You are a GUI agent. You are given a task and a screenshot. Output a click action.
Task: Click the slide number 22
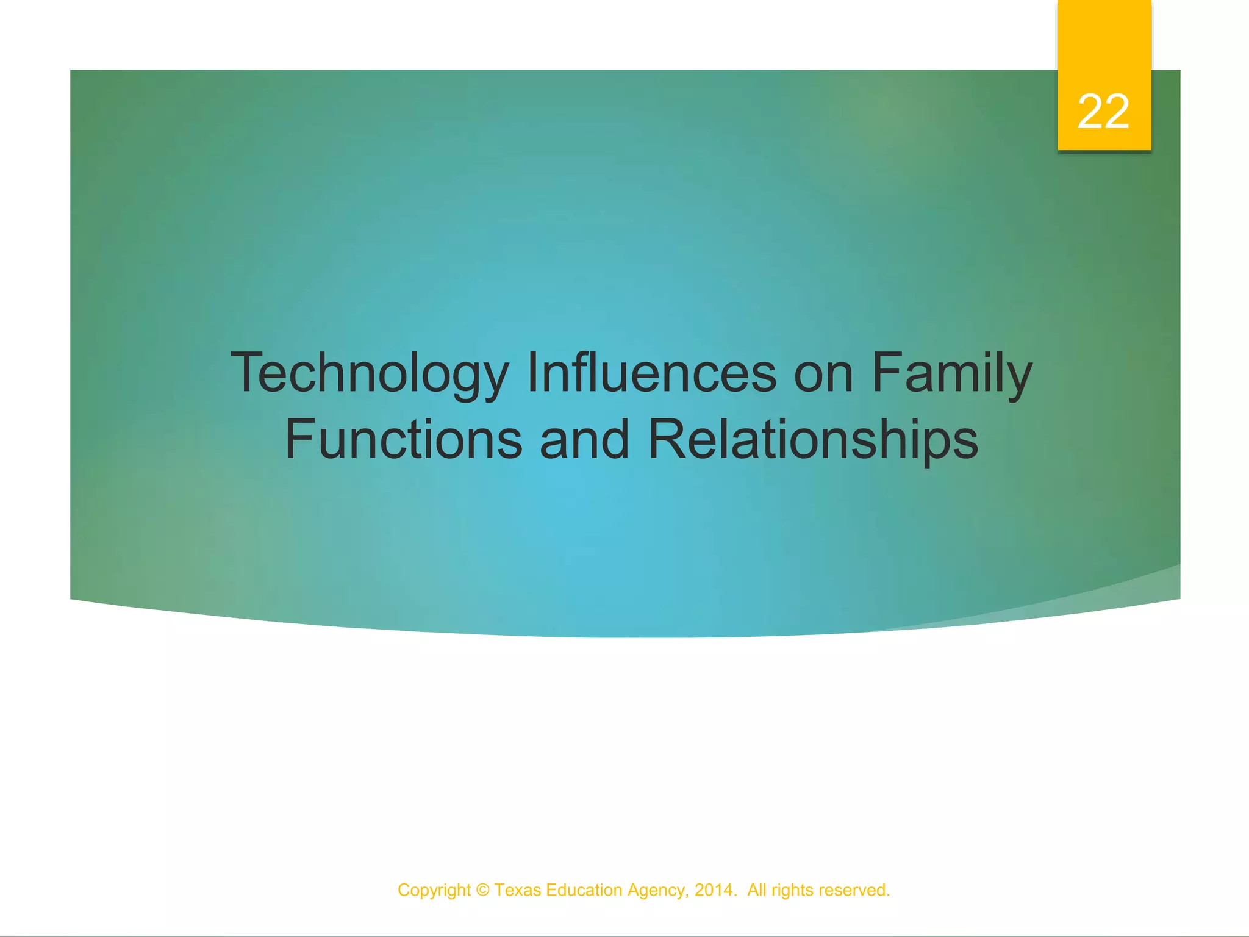tap(1103, 112)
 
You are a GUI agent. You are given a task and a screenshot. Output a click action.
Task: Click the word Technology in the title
tap(370, 373)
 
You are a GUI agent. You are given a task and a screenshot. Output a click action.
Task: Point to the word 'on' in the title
tap(823, 373)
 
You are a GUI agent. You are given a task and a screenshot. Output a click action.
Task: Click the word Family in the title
tap(952, 373)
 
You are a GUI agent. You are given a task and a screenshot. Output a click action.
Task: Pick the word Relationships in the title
tap(812, 440)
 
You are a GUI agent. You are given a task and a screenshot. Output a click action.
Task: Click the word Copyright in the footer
tap(434, 891)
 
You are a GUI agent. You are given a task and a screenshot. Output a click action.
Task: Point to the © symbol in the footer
tap(482, 890)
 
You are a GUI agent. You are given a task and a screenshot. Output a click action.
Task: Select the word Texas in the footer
tap(517, 890)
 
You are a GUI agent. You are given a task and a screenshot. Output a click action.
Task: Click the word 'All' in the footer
tap(756, 890)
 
